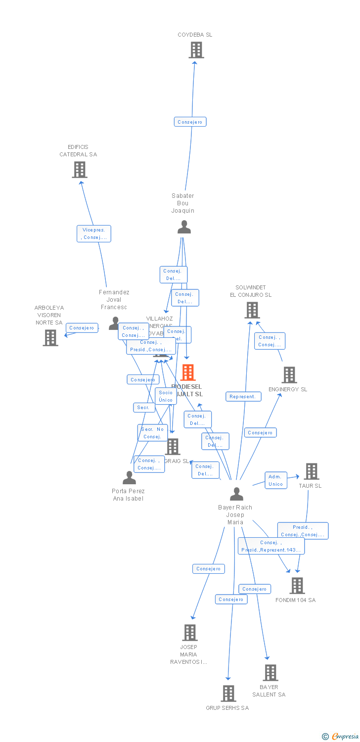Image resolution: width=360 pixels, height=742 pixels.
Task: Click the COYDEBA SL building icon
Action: tap(196, 50)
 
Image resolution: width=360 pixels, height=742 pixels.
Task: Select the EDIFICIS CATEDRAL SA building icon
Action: tap(79, 170)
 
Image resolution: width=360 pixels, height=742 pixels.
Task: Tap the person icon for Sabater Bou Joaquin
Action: tap(184, 227)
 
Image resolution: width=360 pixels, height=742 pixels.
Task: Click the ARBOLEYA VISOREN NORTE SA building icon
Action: tap(50, 338)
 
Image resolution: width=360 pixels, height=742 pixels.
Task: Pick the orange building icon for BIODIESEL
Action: tap(188, 372)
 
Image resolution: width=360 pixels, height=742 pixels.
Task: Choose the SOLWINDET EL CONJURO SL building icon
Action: tap(252, 310)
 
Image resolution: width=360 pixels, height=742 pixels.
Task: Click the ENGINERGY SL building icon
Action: tap(289, 375)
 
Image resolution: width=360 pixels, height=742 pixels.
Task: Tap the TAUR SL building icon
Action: tap(311, 471)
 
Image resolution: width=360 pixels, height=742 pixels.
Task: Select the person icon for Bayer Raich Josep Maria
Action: tap(236, 494)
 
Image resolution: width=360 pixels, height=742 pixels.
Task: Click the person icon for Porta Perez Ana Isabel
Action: tap(129, 478)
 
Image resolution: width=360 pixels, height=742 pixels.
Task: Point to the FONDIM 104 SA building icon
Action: tap(297, 586)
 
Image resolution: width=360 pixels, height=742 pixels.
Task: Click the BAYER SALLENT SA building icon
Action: tap(270, 673)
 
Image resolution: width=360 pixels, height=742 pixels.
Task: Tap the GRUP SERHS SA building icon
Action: tap(228, 694)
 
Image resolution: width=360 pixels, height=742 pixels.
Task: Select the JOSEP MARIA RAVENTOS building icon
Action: tap(190, 633)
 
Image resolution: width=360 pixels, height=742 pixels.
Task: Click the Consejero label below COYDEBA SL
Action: tap(190, 122)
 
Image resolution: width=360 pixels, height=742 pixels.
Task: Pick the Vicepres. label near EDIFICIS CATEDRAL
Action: tap(94, 233)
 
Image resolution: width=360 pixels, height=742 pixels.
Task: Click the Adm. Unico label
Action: tap(275, 480)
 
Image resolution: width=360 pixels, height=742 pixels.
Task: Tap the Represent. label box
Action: tap(243, 396)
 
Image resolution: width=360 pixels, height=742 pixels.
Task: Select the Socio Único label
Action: tap(166, 396)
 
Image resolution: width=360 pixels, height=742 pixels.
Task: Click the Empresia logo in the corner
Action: tap(341, 737)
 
